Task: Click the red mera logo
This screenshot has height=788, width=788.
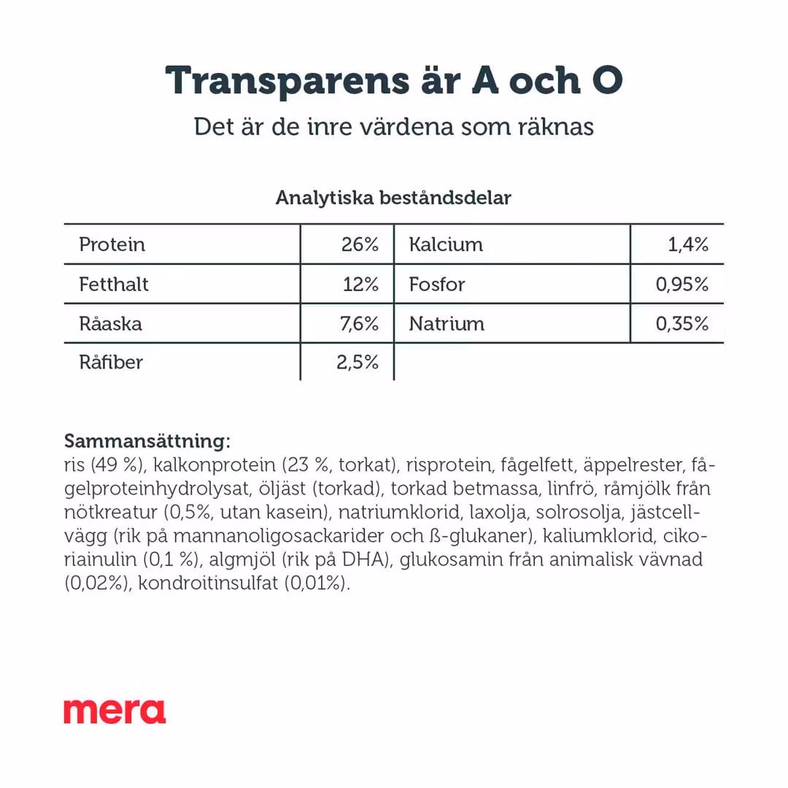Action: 115,711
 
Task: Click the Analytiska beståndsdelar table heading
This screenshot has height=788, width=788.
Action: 393,198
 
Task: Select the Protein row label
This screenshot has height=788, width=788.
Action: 112,244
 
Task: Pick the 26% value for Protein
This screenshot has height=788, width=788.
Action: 360,244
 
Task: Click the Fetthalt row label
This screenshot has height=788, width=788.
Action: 113,284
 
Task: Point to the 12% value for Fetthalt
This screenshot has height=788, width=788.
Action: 360,284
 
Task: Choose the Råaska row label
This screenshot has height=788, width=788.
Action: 110,323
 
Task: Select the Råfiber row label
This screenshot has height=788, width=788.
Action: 111,363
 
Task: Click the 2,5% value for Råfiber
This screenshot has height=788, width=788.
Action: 358,363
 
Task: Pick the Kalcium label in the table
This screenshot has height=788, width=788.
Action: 446,244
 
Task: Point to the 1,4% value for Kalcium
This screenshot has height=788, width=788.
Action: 688,244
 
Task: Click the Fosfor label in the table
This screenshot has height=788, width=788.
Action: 436,284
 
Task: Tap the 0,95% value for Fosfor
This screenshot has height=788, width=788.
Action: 682,284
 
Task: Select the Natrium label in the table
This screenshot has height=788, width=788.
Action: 447,323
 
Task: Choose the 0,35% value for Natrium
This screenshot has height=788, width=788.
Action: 682,323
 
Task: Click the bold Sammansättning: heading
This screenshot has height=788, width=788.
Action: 147,441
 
